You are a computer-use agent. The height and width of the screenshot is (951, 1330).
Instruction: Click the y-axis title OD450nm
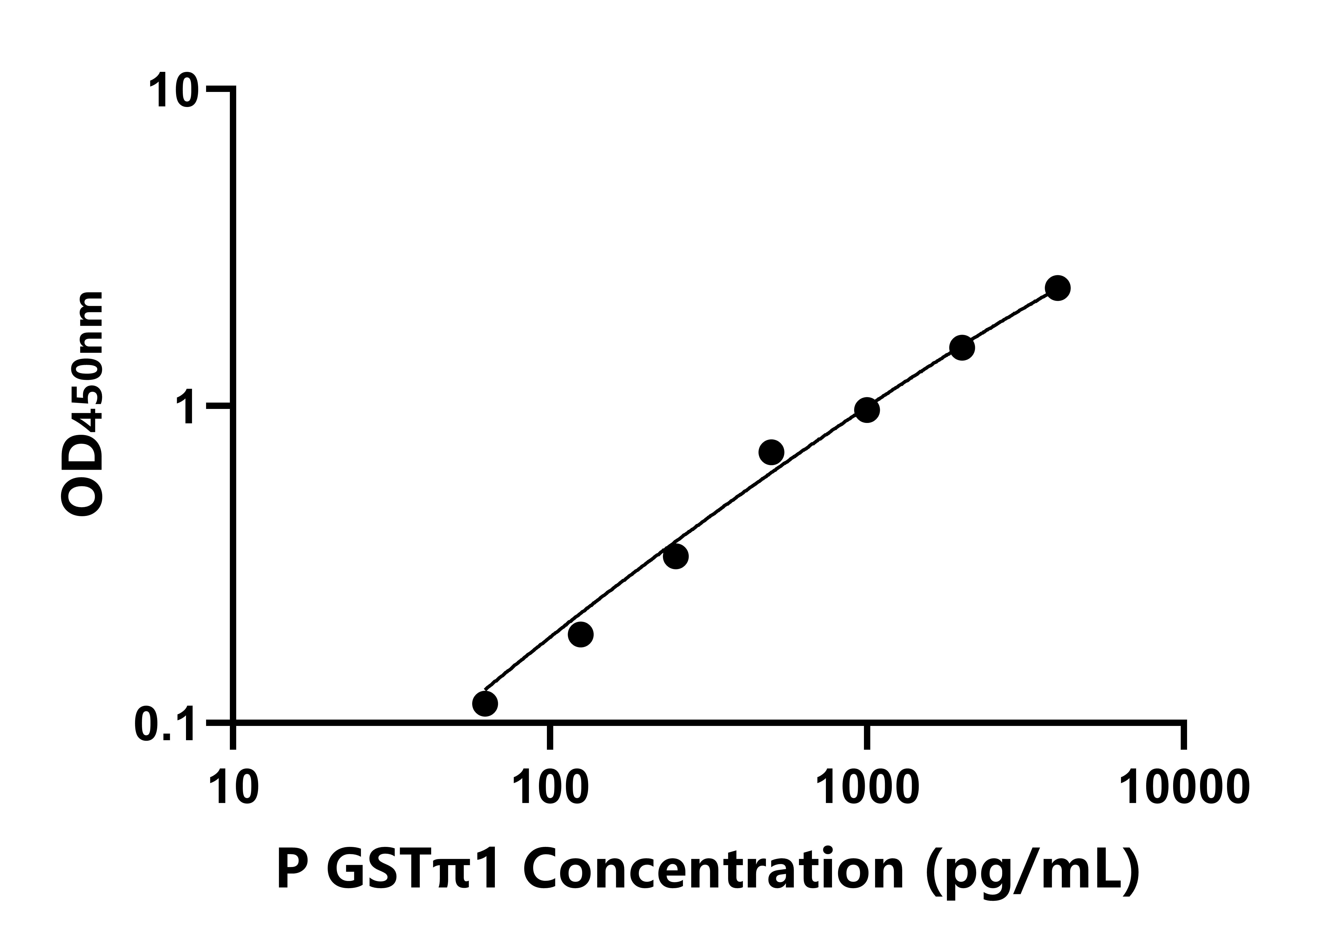pos(83,404)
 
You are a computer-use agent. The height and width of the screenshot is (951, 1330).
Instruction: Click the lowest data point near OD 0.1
pos(485,703)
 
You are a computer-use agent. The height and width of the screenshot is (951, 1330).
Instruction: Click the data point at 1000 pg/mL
pos(867,410)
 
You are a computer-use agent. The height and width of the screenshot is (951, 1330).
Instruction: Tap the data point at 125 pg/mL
pos(580,634)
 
